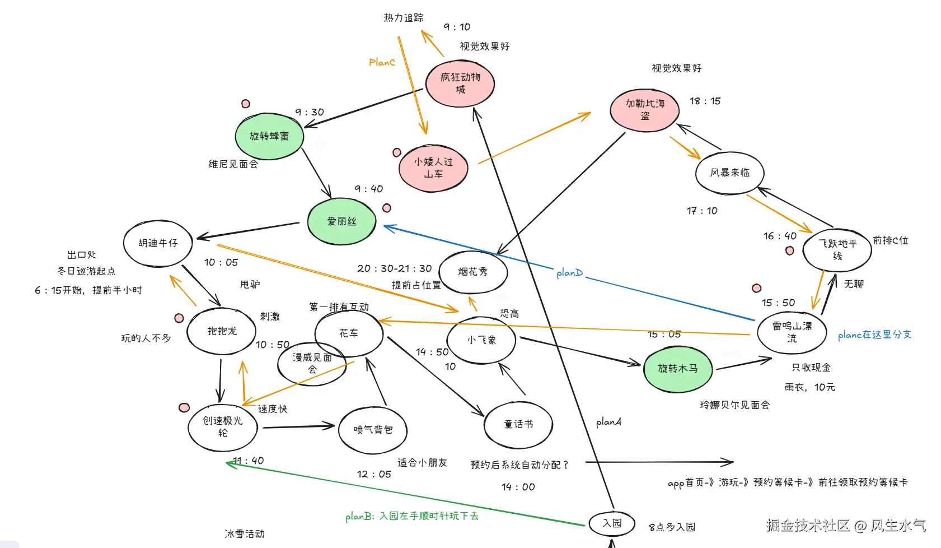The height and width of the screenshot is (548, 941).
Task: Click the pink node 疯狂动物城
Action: tap(460, 83)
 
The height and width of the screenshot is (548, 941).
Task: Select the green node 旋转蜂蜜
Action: tap(269, 136)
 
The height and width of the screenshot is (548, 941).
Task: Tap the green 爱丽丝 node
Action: tap(341, 221)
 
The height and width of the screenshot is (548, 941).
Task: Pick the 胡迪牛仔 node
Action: tap(158, 243)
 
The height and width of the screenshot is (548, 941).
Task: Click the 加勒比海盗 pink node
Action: tap(645, 110)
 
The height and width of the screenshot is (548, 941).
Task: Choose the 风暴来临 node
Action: tap(729, 173)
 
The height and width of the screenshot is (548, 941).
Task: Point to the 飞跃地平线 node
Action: tap(837, 250)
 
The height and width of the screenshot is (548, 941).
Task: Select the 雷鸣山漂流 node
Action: tap(792, 332)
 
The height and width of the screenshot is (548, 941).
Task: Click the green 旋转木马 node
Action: tap(677, 369)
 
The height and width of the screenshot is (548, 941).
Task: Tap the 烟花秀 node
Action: tap(473, 272)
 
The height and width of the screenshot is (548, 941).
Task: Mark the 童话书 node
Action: tap(518, 425)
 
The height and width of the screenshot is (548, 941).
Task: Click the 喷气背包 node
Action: tap(373, 430)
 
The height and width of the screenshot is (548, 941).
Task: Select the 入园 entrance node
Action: tap(612, 523)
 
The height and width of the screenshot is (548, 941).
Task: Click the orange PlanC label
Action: tap(382, 62)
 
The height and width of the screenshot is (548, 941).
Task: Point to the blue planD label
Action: tap(569, 273)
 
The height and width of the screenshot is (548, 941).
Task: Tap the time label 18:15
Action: tap(705, 101)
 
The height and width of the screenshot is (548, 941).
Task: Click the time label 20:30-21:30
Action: tap(395, 268)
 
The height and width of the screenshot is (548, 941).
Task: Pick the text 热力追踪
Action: tap(404, 18)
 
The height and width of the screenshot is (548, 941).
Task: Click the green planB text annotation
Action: tap(411, 516)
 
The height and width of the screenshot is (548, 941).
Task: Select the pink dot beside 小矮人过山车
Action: tap(397, 152)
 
